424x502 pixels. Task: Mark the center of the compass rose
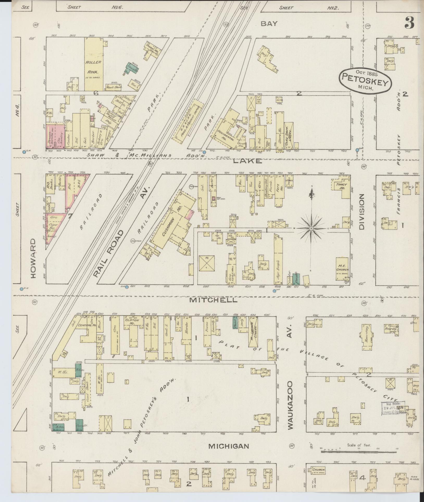(x=311, y=228)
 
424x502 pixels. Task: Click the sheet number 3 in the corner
(x=409, y=23)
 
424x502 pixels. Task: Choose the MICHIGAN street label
(x=229, y=446)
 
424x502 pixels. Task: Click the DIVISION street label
(x=362, y=211)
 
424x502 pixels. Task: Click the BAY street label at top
(x=269, y=24)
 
